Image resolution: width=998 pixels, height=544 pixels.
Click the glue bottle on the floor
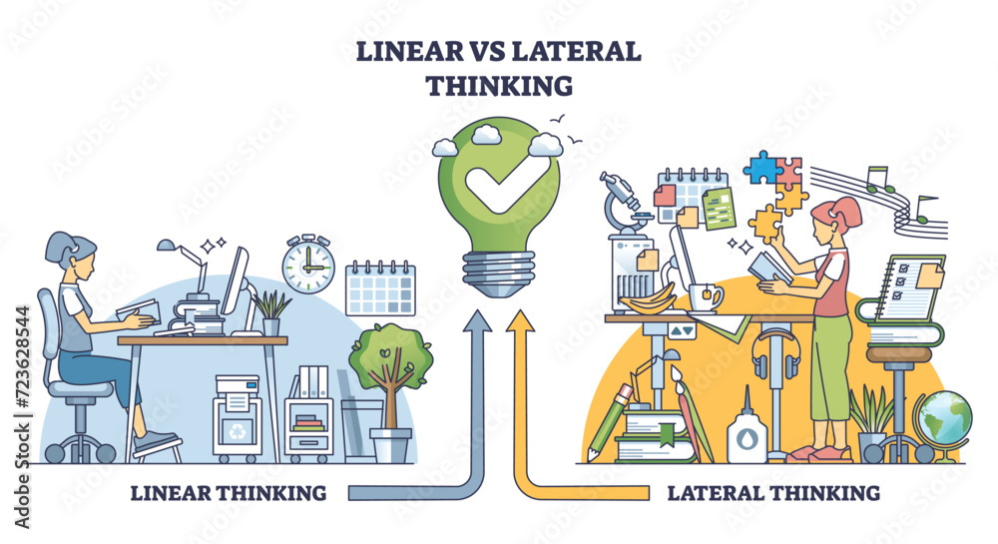pos(745,429)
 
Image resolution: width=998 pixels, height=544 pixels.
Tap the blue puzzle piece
pos(764,167)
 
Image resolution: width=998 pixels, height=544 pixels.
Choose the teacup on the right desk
pos(705,297)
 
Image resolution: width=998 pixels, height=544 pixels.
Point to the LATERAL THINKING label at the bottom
pos(773,492)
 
